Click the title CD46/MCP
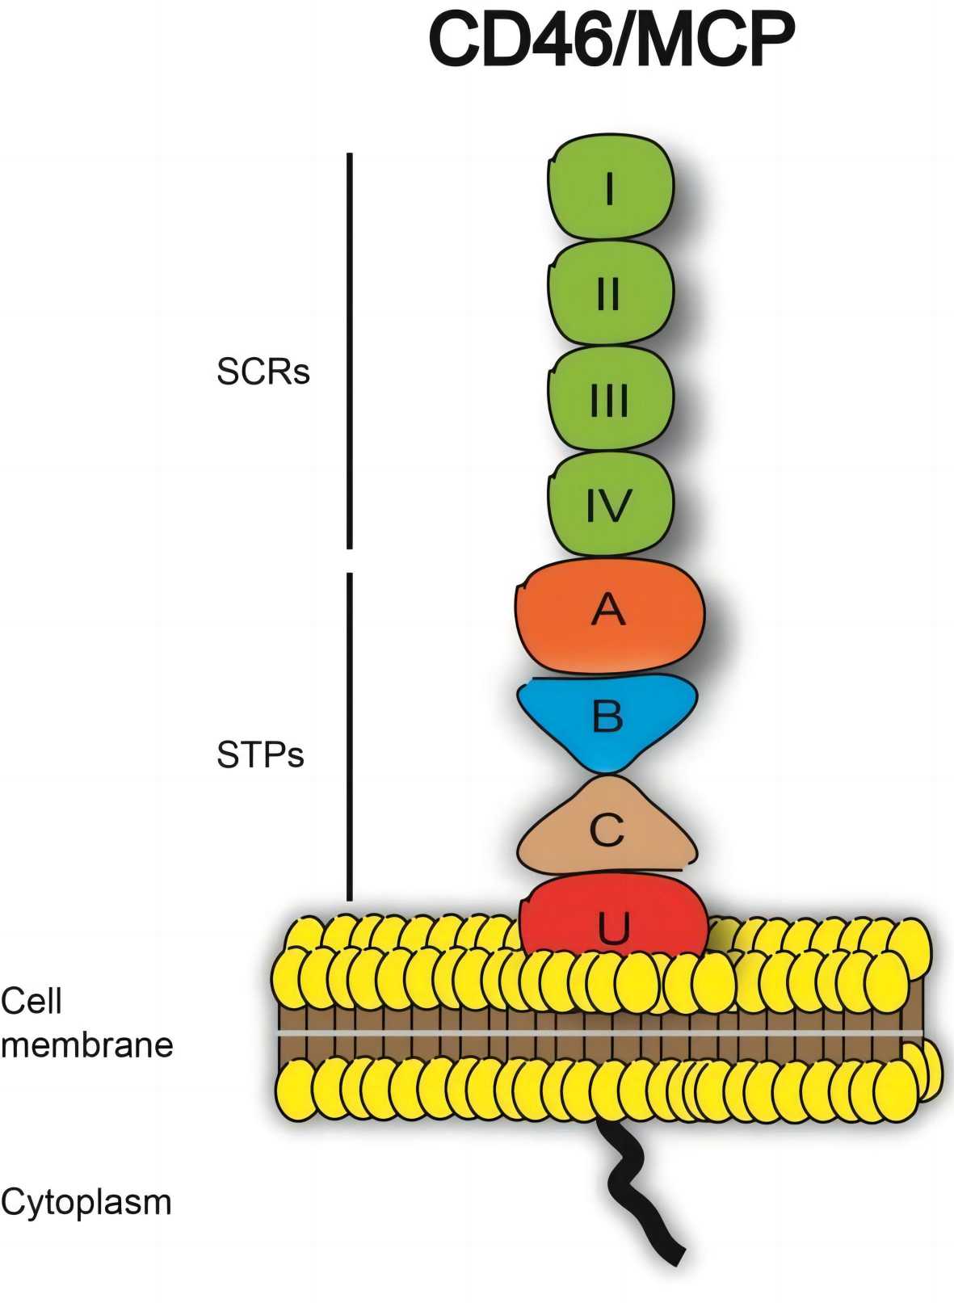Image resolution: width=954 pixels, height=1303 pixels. tap(611, 40)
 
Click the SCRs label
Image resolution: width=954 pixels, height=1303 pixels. tap(263, 372)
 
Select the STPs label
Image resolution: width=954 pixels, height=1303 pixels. tap(260, 754)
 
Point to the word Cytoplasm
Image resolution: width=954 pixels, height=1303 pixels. tap(86, 1202)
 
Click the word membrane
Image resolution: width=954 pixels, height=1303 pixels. tap(87, 1045)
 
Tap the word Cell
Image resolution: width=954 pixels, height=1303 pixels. tap(32, 1002)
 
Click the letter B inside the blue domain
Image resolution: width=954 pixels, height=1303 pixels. tap(607, 715)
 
